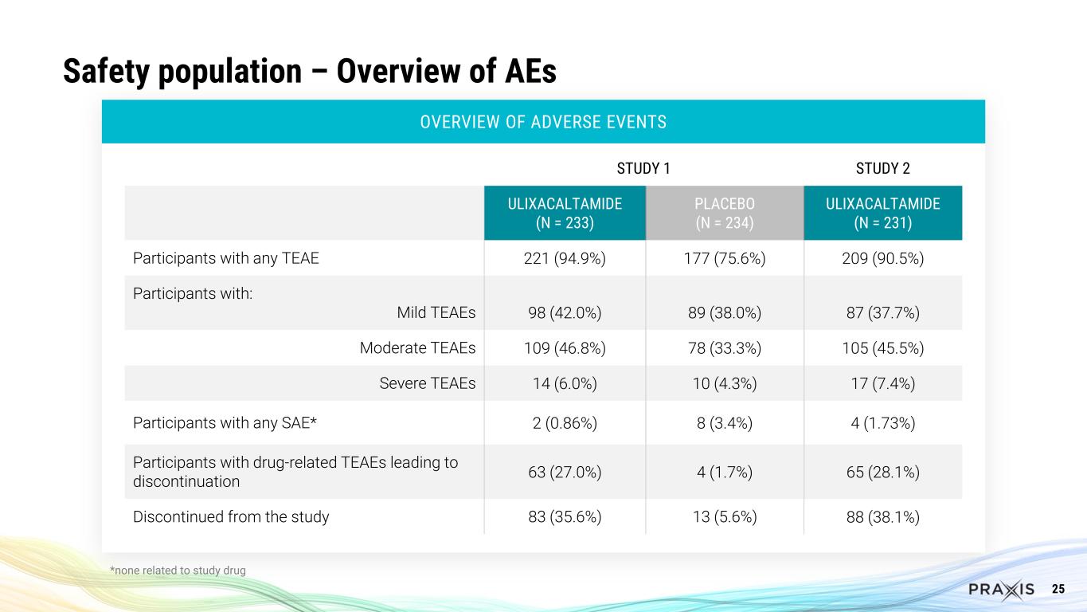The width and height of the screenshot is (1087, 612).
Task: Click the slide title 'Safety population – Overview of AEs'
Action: tap(310, 72)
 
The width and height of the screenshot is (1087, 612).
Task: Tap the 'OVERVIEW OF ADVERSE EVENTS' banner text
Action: tap(543, 122)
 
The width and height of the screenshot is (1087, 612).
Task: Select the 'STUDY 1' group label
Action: tap(643, 168)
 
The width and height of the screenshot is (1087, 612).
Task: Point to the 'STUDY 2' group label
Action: tap(882, 168)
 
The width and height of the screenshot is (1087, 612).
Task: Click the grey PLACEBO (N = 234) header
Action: tap(724, 213)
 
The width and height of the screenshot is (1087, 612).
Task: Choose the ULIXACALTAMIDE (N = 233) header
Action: tap(565, 213)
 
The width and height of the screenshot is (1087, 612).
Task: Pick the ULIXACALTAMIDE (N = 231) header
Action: tap(882, 213)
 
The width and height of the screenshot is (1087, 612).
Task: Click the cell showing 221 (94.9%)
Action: tap(565, 258)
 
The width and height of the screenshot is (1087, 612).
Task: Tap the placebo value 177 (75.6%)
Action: tap(724, 258)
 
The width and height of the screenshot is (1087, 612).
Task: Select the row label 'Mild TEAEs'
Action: tap(436, 313)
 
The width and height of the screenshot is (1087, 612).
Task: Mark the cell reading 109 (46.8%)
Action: tap(565, 348)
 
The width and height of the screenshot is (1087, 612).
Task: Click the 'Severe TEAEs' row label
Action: tap(428, 383)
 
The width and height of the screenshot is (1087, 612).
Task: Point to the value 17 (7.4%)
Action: tap(882, 383)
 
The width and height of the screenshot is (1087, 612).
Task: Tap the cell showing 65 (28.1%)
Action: tap(882, 472)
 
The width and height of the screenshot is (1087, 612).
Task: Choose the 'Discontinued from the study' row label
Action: tap(231, 516)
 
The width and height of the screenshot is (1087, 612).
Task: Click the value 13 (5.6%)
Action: tap(724, 516)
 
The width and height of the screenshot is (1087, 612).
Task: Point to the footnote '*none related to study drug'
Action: tap(178, 570)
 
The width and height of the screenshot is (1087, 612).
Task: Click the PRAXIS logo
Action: tap(1001, 589)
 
